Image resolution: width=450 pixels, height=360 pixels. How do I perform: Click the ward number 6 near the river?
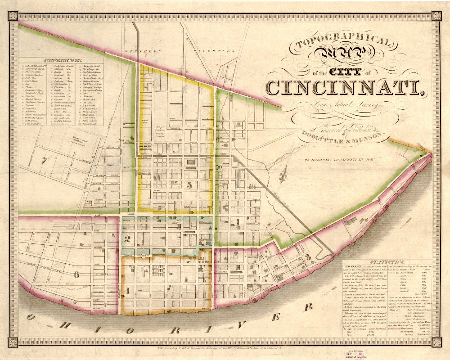click(77, 274)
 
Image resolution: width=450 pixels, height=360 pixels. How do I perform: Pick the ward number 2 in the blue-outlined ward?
click(128, 238)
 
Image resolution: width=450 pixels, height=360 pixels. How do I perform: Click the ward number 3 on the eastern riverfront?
click(308, 257)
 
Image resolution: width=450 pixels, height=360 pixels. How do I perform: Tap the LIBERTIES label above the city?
click(219, 51)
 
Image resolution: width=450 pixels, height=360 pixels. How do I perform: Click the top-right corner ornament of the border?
click(436, 16)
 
